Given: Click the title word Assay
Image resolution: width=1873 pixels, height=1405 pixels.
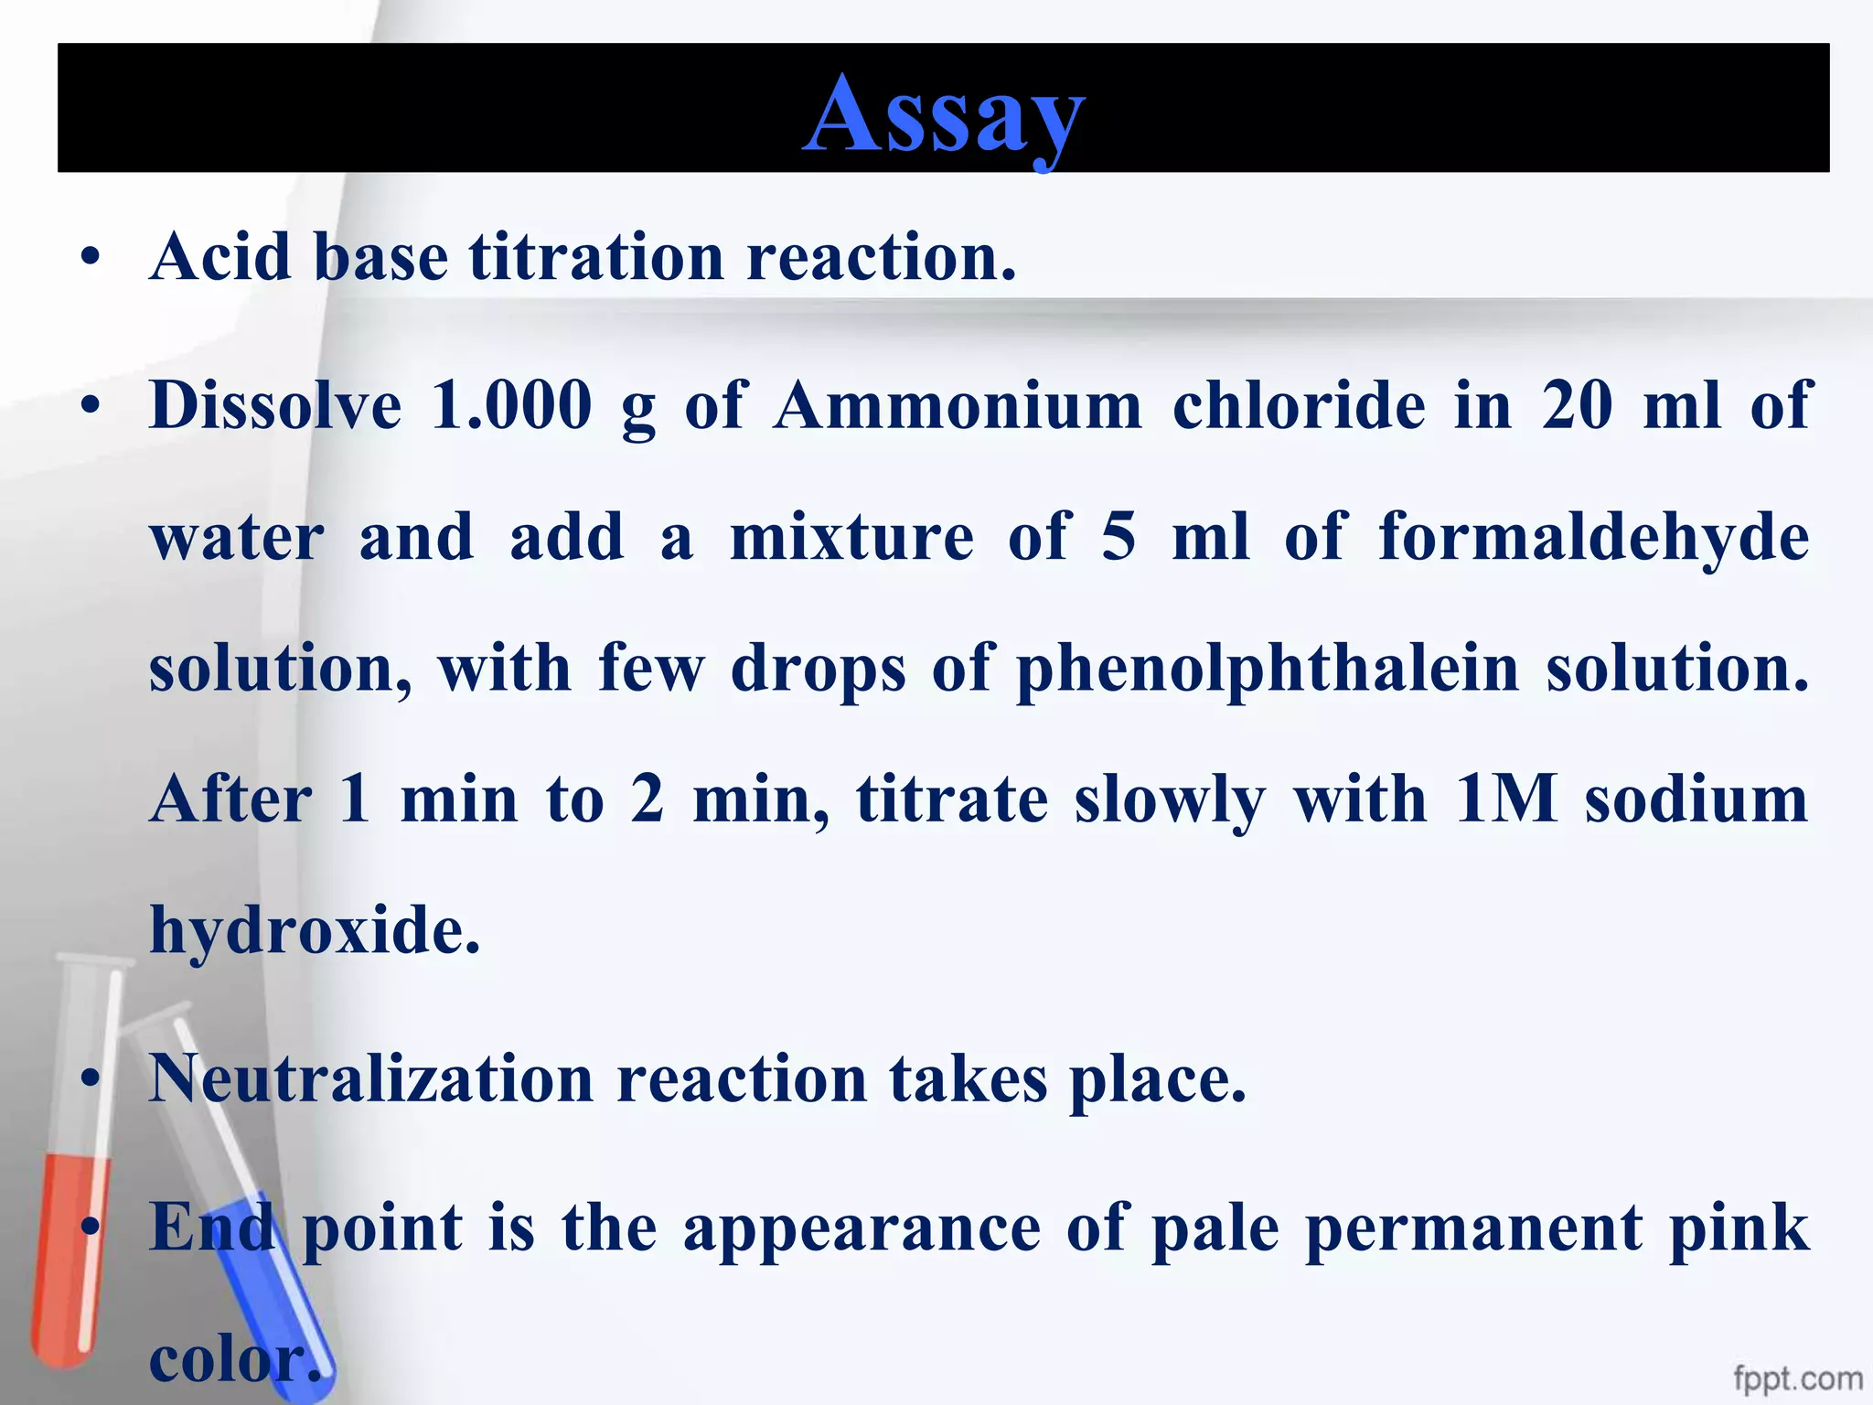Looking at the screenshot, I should pyautogui.click(x=944, y=114).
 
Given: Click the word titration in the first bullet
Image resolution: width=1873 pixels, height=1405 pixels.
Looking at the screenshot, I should pyautogui.click(x=596, y=257).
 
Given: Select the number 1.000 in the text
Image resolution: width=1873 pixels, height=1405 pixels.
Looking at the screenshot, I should pyautogui.click(x=510, y=404).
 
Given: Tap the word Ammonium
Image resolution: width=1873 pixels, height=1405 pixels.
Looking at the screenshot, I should pyautogui.click(x=957, y=404).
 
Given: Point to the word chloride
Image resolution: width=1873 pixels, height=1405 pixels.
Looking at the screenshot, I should pyautogui.click(x=1299, y=404).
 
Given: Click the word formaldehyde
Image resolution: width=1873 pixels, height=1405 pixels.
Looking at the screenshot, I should pyautogui.click(x=1593, y=537).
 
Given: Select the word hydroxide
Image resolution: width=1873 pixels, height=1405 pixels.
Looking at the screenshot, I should pyautogui.click(x=315, y=930).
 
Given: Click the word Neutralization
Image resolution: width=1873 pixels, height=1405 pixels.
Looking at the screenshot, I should pyautogui.click(x=371, y=1079).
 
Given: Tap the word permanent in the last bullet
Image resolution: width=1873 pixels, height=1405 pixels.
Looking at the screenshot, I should pyautogui.click(x=1474, y=1228).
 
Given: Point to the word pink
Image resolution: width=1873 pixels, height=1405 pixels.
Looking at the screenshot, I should pyautogui.click(x=1739, y=1228).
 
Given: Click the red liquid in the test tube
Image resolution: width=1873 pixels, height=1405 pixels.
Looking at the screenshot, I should pyautogui.click(x=70, y=1253).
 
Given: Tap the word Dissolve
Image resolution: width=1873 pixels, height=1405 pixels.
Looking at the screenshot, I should pyautogui.click(x=275, y=404).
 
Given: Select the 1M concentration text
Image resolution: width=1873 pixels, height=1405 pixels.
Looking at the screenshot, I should pyautogui.click(x=1505, y=799).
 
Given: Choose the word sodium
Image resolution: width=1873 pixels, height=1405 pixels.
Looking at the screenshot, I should pyautogui.click(x=1697, y=799).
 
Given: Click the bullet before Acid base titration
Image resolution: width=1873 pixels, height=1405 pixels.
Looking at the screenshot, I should pyautogui.click(x=90, y=259).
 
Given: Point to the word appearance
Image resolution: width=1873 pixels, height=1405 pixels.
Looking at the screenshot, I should pyautogui.click(x=862, y=1228).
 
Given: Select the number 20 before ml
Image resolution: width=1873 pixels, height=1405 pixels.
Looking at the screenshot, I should pyautogui.click(x=1577, y=404).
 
